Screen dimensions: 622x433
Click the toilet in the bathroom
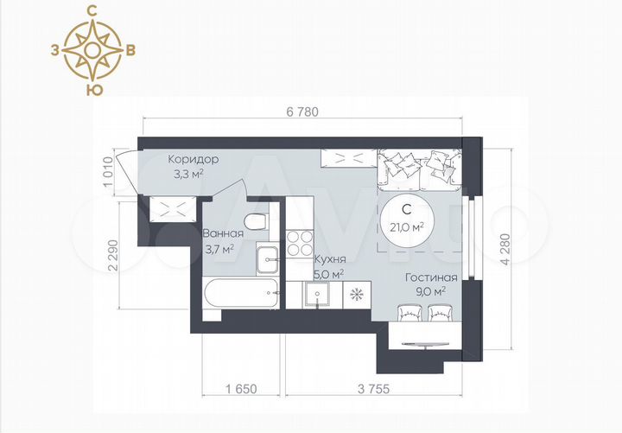[256, 222]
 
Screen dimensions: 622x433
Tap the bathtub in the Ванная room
[241, 292]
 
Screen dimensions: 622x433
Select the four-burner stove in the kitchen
[300, 243]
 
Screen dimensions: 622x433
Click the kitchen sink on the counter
[317, 294]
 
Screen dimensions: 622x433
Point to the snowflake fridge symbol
[357, 295]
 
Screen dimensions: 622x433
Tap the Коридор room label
[194, 160]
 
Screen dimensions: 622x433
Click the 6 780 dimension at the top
[302, 112]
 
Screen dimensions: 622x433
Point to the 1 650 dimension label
[242, 389]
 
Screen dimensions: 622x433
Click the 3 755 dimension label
[374, 389]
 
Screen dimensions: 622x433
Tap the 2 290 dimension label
[113, 255]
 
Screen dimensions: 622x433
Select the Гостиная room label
[431, 277]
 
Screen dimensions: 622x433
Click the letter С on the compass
[92, 12]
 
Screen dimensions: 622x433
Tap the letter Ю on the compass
[94, 90]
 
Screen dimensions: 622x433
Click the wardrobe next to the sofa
[348, 158]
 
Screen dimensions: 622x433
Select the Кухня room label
[330, 259]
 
